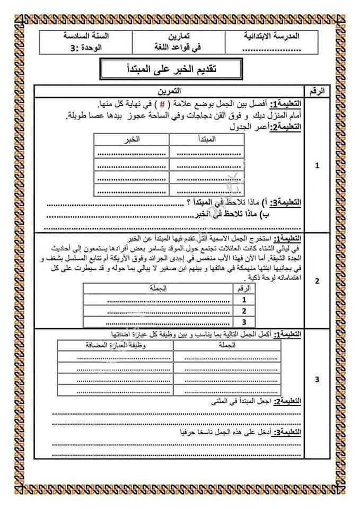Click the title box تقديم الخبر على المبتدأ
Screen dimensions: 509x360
[171, 69]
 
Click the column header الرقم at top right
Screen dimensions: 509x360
[317, 91]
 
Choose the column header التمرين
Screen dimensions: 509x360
[170, 91]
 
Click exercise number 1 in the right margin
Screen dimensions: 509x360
[317, 165]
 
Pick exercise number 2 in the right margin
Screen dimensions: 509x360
[317, 281]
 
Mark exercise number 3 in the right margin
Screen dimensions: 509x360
[317, 380]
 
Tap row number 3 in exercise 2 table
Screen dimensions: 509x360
[244, 321]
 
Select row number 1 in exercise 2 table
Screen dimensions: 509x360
[244, 300]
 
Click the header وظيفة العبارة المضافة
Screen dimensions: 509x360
[114, 345]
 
